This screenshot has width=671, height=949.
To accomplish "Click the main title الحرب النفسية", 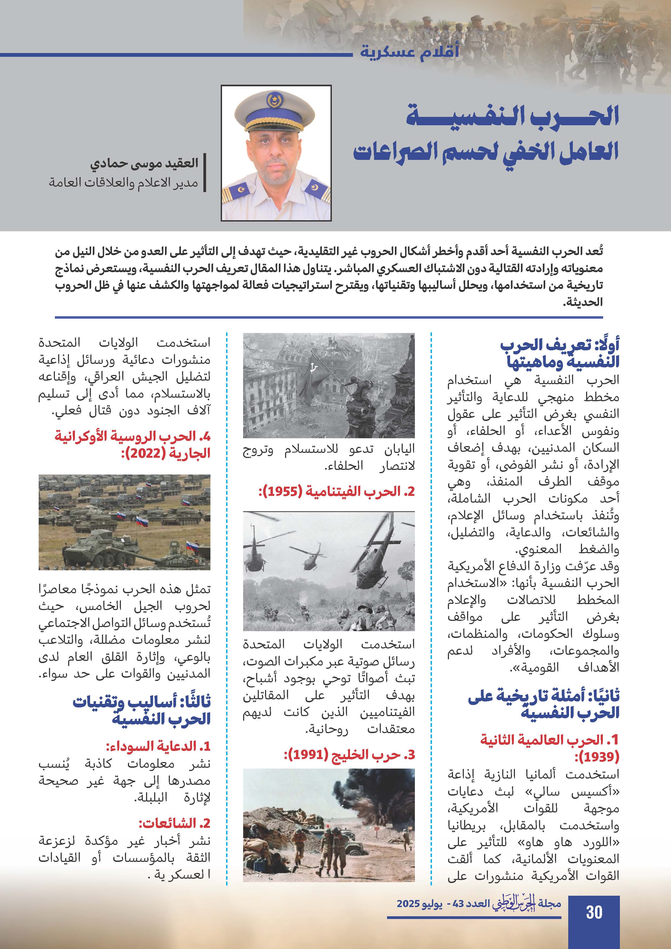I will coord(512,116).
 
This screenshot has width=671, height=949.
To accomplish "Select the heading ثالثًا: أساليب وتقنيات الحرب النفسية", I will coord(142,710).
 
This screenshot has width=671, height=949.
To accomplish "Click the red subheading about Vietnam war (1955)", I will coord(336,492).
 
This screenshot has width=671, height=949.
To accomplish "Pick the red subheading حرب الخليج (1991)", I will coord(349,755).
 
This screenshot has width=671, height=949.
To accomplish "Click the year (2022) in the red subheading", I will coord(142,453).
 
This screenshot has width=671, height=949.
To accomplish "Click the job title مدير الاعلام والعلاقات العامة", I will coord(124,183).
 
